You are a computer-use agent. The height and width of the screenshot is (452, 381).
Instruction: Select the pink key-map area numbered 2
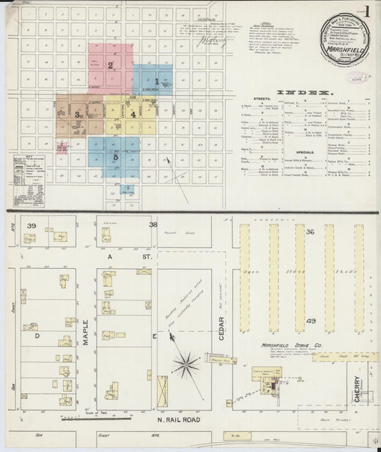[110, 65]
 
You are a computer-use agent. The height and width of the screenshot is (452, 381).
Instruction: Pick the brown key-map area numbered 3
[76, 114]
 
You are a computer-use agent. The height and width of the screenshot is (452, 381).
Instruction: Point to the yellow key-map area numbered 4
[133, 114]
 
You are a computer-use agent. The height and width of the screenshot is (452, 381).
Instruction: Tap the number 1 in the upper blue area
[157, 82]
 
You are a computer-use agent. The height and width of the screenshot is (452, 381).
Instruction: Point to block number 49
[310, 323]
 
